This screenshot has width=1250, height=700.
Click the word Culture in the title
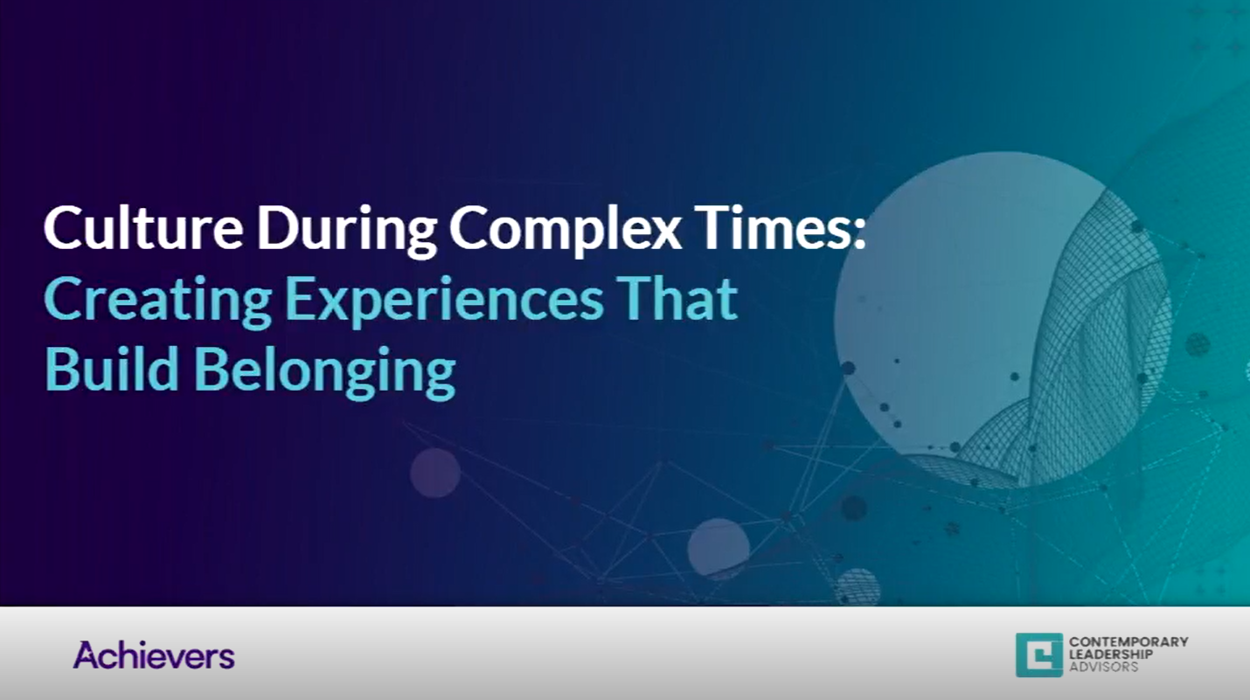(x=143, y=227)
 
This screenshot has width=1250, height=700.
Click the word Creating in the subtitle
(x=158, y=301)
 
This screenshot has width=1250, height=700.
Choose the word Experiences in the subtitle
(x=445, y=301)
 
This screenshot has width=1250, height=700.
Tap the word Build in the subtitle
(x=112, y=368)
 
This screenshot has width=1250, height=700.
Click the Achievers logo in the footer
(x=154, y=655)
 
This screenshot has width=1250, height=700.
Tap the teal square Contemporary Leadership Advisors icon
(x=1039, y=655)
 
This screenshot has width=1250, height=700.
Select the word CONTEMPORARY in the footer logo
(x=1128, y=641)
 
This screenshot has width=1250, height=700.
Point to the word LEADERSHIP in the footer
(x=1110, y=654)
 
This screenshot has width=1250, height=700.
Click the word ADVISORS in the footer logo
(x=1103, y=667)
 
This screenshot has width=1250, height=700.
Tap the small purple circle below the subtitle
(x=435, y=473)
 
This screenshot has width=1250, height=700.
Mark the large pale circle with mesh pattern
(x=1003, y=320)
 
